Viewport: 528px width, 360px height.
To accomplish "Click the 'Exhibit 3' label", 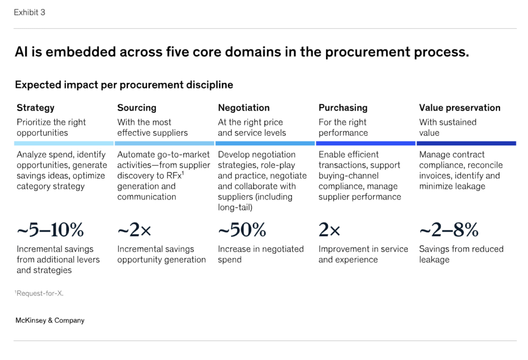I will pyautogui.click(x=29, y=12).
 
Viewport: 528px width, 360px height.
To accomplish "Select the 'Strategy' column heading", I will pyautogui.click(x=35, y=108).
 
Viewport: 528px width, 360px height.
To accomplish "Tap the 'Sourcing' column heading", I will pyautogui.click(x=137, y=108).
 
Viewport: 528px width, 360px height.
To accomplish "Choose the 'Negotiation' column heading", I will pyautogui.click(x=243, y=108).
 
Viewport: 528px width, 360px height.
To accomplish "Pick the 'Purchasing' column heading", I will pyautogui.click(x=343, y=108).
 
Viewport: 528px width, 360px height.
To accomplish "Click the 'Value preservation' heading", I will pyautogui.click(x=459, y=108).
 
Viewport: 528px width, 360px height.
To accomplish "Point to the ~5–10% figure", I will pyautogui.click(x=50, y=230).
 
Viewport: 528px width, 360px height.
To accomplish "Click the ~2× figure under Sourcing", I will pyautogui.click(x=134, y=230).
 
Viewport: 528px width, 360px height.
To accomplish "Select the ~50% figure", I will pyautogui.click(x=242, y=230).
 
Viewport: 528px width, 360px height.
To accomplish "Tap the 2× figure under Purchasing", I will pyautogui.click(x=329, y=230).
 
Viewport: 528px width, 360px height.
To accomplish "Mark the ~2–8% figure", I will pyautogui.click(x=449, y=230).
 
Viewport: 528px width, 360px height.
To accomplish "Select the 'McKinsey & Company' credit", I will pyautogui.click(x=50, y=320).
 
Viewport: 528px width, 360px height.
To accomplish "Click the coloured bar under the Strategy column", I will pyautogui.click(x=64, y=143).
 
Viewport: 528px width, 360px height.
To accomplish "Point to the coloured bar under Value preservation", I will pyautogui.click(x=466, y=143).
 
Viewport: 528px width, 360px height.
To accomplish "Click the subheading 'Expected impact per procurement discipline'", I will pyautogui.click(x=124, y=85).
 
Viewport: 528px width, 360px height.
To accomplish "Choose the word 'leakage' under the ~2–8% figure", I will pyautogui.click(x=434, y=259).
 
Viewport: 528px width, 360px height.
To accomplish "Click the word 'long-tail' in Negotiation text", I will pyautogui.click(x=237, y=207).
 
